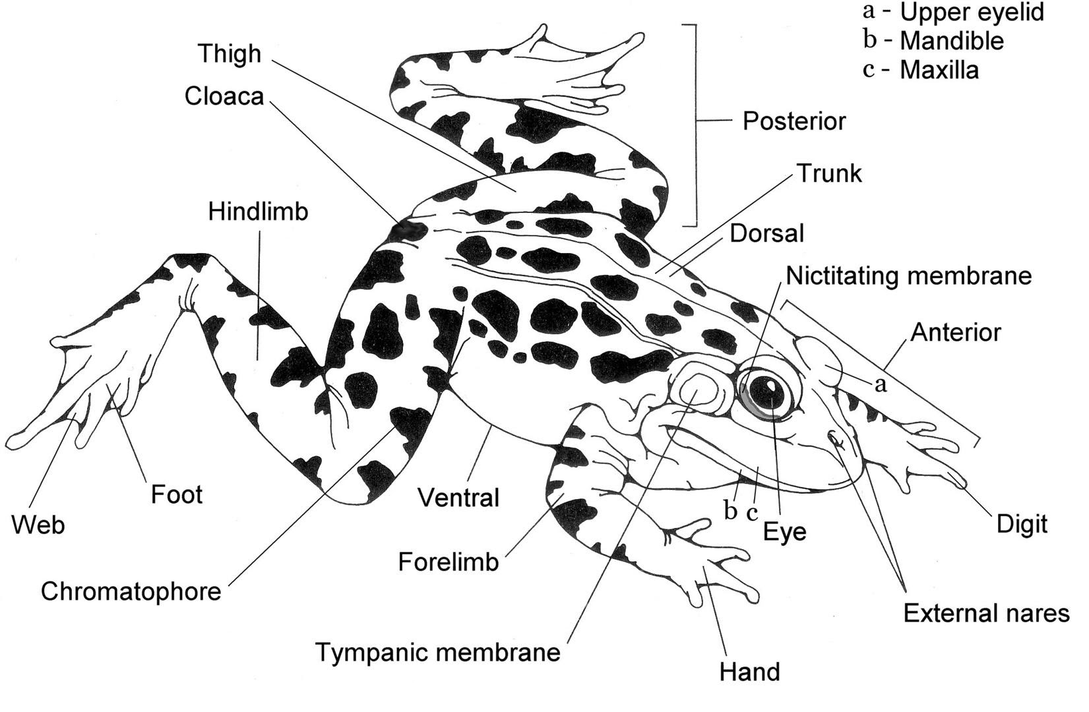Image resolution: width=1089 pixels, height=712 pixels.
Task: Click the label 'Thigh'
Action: click(x=230, y=54)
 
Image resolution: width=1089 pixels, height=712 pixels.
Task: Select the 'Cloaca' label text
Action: click(x=224, y=96)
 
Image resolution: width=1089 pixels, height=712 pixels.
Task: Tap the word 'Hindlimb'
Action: click(x=258, y=212)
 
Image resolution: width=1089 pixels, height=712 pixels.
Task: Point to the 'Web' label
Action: click(x=38, y=525)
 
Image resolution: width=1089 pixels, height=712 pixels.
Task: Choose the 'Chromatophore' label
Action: click(x=131, y=591)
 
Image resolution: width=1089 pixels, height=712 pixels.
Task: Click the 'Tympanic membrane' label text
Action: click(x=438, y=653)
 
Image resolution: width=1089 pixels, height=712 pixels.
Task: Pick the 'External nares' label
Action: click(x=985, y=613)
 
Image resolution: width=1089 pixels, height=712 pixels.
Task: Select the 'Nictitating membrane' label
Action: click(x=908, y=276)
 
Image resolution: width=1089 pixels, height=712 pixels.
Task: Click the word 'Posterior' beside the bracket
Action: click(x=793, y=121)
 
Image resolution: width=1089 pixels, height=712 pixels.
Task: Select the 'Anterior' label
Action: click(x=955, y=332)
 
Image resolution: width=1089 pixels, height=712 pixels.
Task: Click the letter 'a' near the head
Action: click(x=881, y=384)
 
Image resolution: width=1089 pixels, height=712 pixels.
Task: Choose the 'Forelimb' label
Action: click(x=449, y=562)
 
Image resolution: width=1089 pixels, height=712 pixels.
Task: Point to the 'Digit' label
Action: click(x=1022, y=524)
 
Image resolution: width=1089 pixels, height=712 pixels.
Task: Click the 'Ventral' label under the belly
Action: click(x=459, y=498)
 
